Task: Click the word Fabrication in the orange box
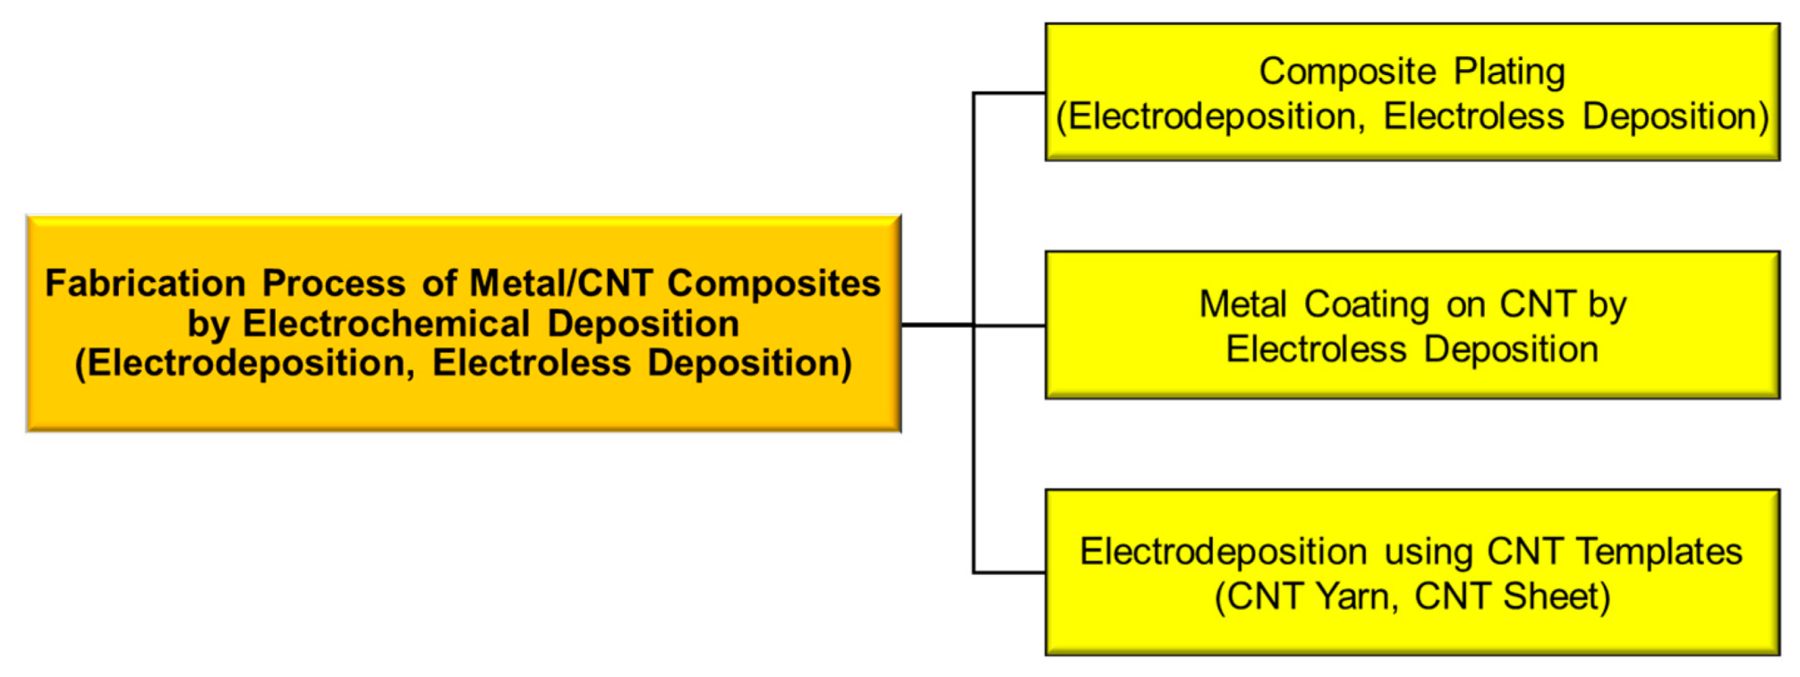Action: coord(145,284)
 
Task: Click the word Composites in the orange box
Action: coord(774,284)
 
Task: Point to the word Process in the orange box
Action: coord(334,284)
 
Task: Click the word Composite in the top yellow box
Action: coord(1347,72)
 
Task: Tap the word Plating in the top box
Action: coord(1509,72)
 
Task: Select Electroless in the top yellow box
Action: coord(1473,116)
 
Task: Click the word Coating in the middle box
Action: coord(1366,304)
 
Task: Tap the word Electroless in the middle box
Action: coord(1316,349)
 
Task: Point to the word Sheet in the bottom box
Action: coord(1557,596)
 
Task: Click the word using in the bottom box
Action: coord(1428,552)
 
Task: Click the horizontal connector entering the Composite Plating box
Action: coord(1010,92)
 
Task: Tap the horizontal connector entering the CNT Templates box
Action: coord(1010,571)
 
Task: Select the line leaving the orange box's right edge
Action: coord(936,325)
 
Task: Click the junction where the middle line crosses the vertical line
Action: coord(974,325)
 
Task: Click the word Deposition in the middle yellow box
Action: coord(1511,349)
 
